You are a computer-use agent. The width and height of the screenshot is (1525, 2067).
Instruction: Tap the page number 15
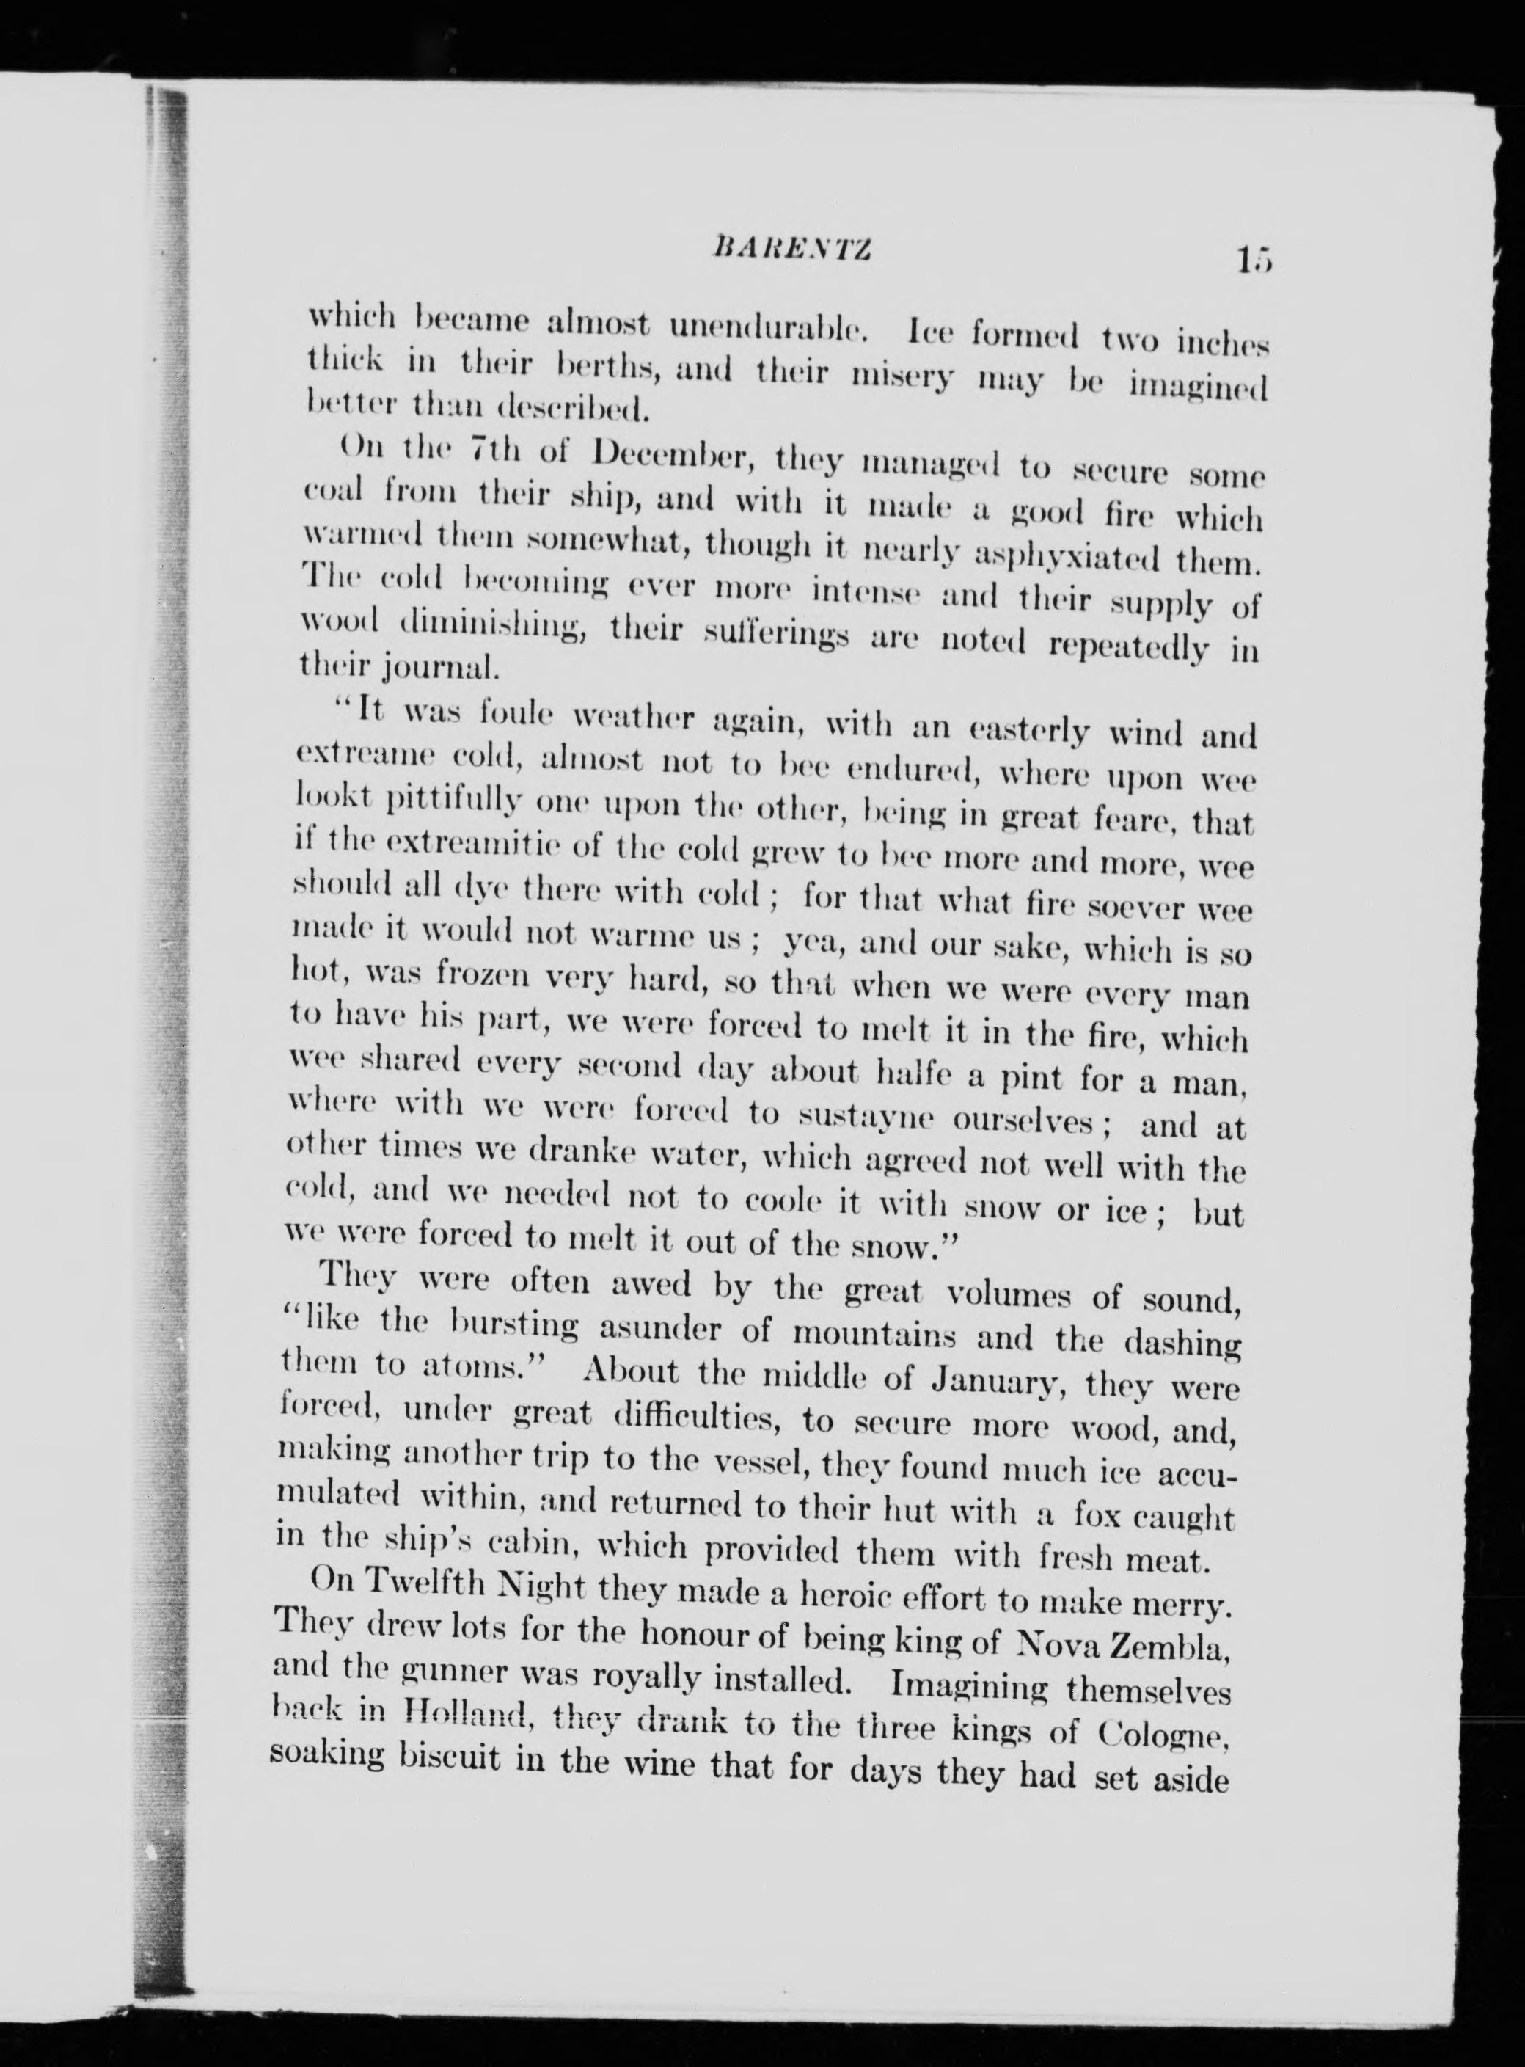click(x=1251, y=261)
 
